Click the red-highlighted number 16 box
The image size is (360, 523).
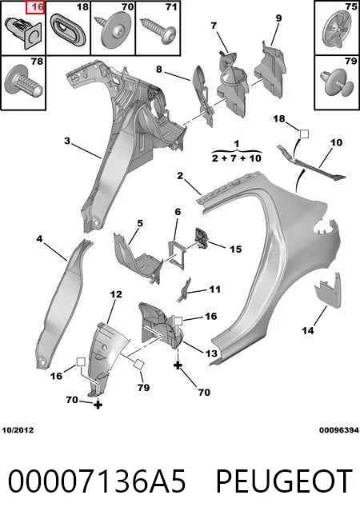tap(35, 7)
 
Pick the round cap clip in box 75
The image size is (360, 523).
tap(337, 30)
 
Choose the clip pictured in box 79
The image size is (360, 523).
tap(337, 82)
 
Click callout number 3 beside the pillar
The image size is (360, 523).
tap(67, 141)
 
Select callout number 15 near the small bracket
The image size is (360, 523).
tap(236, 250)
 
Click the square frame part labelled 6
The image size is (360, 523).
tap(176, 254)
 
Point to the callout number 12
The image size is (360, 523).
tap(116, 294)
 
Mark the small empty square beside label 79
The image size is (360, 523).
tap(139, 364)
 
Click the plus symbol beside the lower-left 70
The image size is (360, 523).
tap(98, 405)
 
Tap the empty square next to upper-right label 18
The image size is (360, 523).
tap(304, 134)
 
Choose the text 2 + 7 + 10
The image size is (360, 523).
tap(237, 158)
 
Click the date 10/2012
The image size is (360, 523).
tap(18, 430)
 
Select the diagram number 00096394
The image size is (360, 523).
tap(339, 430)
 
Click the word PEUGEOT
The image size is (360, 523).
tap(284, 481)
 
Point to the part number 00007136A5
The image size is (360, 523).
tap(97, 481)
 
